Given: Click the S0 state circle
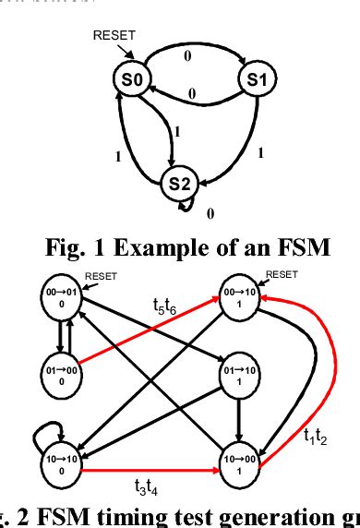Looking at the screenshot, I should [x=133, y=80].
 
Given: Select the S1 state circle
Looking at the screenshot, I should [x=257, y=80].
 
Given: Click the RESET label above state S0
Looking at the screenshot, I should [x=114, y=36].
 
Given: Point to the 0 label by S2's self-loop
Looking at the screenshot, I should [x=210, y=214].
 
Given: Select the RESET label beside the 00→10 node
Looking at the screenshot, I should [x=282, y=273].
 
